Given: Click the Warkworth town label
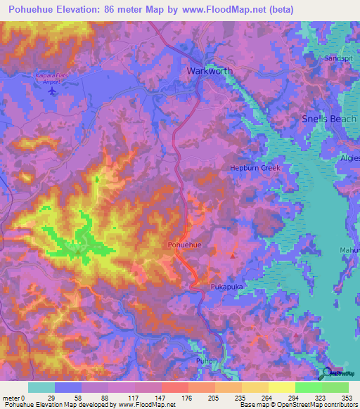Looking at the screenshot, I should pos(205,72).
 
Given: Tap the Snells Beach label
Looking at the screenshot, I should pos(328,119).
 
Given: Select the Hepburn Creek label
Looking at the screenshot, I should pos(255,168).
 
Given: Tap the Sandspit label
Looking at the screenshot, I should pos(336,58).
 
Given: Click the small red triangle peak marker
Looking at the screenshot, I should pos(233,257).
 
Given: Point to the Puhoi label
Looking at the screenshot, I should pos(205,361).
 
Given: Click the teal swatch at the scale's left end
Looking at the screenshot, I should pos(41,387).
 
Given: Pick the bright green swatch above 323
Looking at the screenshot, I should pos(308,387).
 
